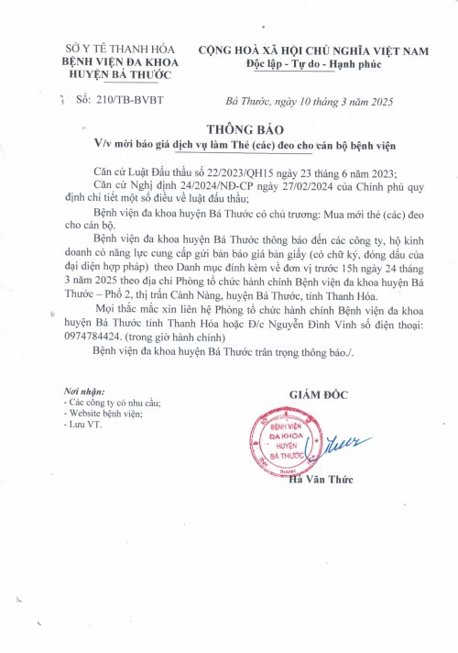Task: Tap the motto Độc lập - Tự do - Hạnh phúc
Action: click(311, 63)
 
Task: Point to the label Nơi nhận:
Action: click(74, 391)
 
